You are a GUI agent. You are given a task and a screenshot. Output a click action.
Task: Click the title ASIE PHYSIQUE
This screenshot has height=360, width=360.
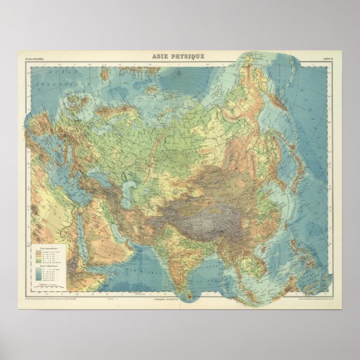(179, 56)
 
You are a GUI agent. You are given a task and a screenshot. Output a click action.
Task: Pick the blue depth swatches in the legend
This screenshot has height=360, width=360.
(39, 273)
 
